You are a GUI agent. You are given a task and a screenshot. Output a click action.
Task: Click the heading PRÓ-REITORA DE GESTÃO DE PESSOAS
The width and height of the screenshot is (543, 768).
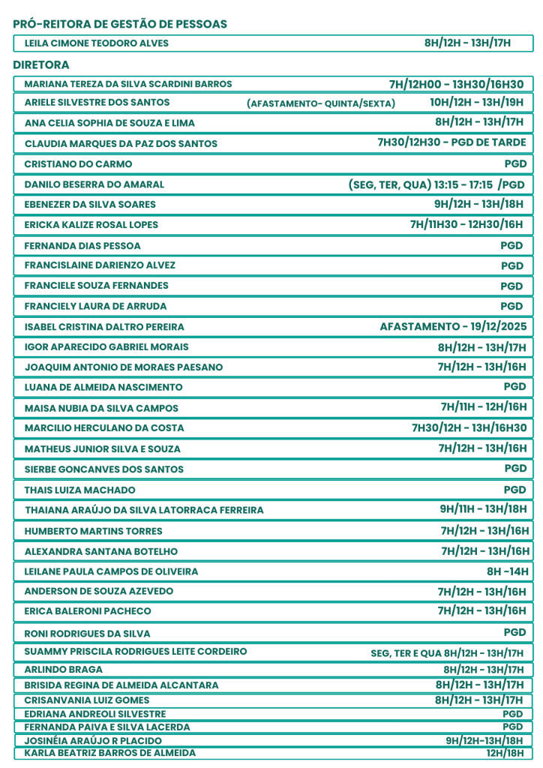(120, 25)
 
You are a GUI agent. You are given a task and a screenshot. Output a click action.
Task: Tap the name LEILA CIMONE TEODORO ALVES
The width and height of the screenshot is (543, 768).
(97, 43)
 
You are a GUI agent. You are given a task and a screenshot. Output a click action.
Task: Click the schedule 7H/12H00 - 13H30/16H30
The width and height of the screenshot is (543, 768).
(456, 84)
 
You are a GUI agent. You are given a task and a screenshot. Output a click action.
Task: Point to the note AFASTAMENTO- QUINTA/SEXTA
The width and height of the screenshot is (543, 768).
(321, 103)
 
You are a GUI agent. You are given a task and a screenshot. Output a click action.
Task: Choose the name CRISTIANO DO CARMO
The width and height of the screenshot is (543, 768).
(79, 163)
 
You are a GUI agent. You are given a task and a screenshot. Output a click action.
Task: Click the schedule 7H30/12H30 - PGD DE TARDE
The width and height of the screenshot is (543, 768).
(451, 142)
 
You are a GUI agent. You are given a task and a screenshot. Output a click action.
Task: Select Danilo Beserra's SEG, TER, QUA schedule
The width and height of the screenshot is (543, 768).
(436, 184)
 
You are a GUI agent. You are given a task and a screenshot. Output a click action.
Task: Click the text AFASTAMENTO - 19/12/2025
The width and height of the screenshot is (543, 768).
(454, 326)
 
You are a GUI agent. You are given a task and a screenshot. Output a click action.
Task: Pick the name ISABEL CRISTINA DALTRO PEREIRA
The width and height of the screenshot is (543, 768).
(104, 327)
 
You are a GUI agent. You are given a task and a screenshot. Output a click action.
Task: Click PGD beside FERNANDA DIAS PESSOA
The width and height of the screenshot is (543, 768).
(512, 245)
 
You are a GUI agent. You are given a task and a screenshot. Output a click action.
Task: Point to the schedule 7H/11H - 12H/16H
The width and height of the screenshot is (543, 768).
(484, 407)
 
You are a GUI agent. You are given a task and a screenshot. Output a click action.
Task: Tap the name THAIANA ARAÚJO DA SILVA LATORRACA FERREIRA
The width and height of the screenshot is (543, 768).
(145, 510)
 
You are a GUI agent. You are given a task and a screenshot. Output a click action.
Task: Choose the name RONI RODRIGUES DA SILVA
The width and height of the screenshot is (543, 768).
(88, 633)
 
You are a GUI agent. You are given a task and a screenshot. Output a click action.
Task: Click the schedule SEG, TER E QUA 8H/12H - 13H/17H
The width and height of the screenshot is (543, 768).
(447, 653)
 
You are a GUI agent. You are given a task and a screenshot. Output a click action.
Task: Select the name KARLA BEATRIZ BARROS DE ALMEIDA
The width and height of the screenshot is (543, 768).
(110, 753)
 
